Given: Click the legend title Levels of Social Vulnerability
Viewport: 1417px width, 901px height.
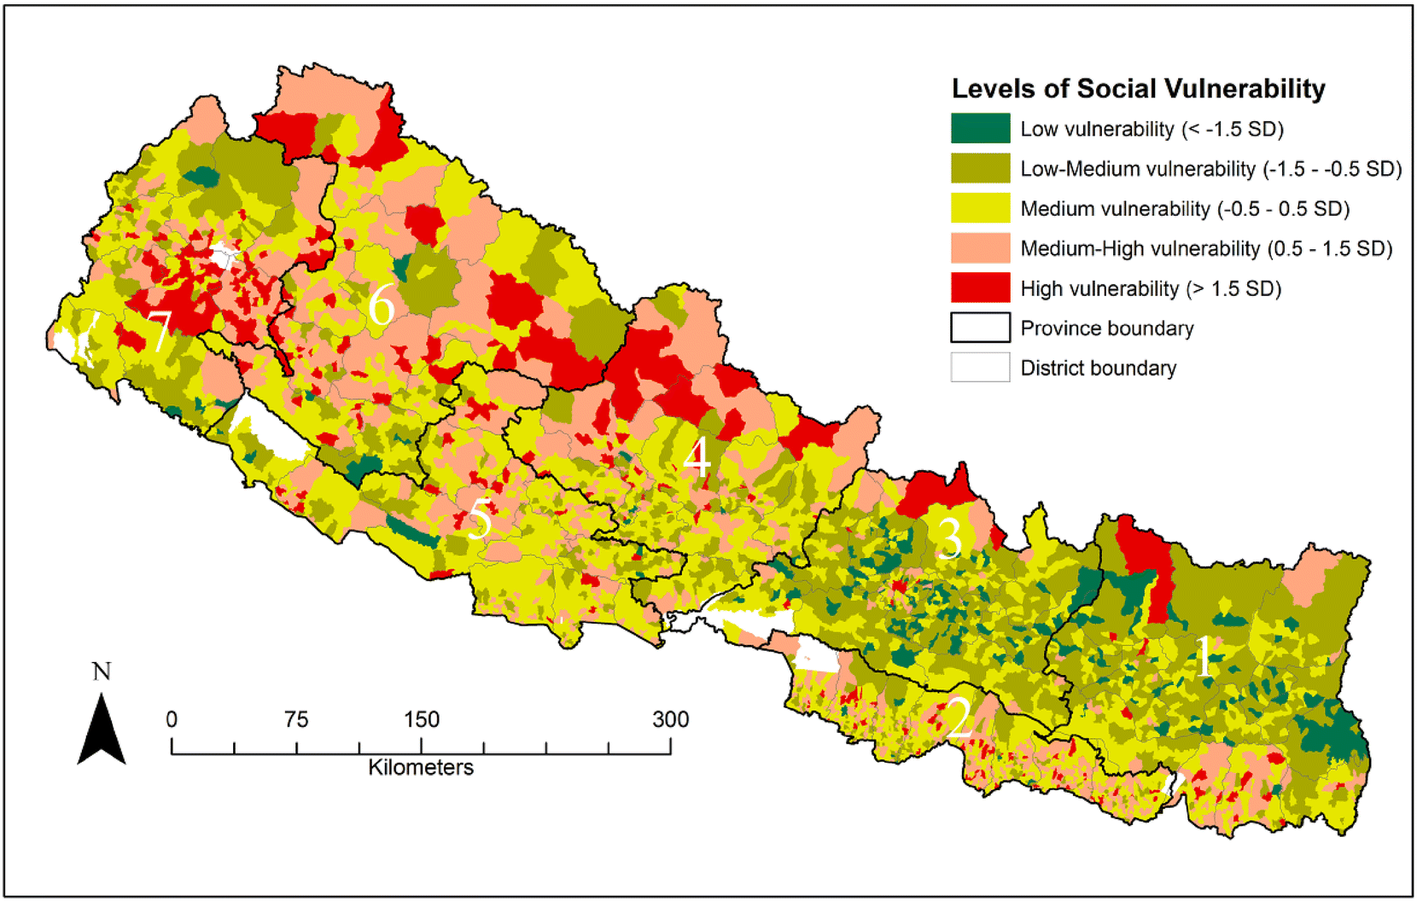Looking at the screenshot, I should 1138,89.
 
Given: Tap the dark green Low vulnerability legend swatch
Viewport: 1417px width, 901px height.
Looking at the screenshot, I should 980,129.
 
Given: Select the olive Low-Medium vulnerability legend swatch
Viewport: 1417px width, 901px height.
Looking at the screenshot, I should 980,169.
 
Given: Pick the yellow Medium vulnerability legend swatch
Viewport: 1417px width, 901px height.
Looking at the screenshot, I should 980,208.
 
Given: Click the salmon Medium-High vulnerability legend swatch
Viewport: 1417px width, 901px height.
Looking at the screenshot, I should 980,248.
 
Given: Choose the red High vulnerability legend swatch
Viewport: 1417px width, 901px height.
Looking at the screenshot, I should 980,288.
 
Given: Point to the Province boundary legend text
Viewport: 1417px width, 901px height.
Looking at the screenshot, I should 1106,328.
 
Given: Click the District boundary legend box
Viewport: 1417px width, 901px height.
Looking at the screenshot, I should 980,368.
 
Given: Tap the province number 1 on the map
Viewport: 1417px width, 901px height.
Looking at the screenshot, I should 1203,657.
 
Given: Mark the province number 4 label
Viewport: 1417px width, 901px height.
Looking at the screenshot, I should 697,457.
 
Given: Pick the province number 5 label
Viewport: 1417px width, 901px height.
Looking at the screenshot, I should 480,518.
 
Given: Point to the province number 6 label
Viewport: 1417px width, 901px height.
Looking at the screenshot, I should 381,305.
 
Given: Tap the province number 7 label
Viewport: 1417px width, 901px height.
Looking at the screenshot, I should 160,330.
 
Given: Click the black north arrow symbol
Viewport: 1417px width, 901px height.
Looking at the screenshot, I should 102,730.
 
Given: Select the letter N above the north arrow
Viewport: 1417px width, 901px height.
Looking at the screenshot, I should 102,671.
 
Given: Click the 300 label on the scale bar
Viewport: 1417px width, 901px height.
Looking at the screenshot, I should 670,719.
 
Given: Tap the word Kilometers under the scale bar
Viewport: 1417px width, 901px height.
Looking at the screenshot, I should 420,767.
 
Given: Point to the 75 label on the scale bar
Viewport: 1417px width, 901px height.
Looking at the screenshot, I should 296,719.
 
